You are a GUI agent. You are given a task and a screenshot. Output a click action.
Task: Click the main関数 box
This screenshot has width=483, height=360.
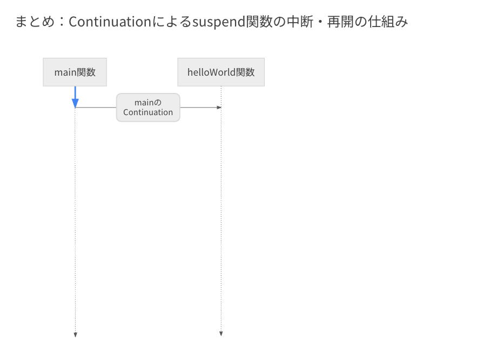pos(75,72)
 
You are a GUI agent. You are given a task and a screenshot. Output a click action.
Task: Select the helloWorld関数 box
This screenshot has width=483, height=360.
pos(221,72)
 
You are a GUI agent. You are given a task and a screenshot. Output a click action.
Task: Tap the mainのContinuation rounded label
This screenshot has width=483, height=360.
pos(148,108)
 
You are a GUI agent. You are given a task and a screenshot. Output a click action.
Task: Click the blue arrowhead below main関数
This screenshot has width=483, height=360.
pos(75,103)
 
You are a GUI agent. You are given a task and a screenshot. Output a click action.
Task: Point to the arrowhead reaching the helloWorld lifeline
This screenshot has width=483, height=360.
pos(219,108)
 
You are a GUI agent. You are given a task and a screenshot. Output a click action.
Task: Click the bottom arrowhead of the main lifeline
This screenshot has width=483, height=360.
pos(75,335)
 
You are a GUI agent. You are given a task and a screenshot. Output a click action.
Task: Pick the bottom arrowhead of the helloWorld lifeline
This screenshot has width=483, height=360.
pos(221,334)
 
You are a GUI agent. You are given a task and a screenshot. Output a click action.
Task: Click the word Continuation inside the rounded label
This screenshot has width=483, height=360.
pos(148,112)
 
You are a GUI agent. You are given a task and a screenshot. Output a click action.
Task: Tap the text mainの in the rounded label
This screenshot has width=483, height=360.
pos(148,103)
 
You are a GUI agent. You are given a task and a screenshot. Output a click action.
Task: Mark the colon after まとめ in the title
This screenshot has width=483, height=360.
pos(62,22)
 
